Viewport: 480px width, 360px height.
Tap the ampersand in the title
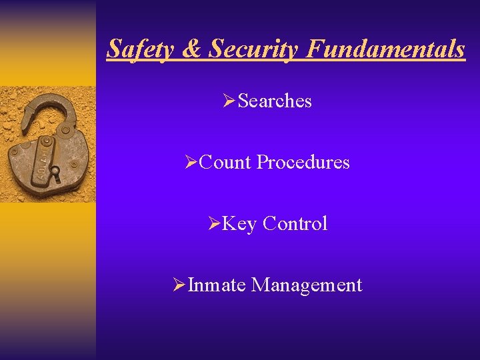(x=190, y=49)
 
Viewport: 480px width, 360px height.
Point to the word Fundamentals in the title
(x=385, y=49)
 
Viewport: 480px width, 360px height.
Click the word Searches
(x=275, y=101)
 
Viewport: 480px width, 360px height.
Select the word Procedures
(x=303, y=162)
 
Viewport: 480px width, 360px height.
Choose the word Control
(x=295, y=223)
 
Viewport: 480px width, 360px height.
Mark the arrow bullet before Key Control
(x=213, y=223)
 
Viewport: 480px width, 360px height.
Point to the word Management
(x=307, y=285)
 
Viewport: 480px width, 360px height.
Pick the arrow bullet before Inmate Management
(x=178, y=285)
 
